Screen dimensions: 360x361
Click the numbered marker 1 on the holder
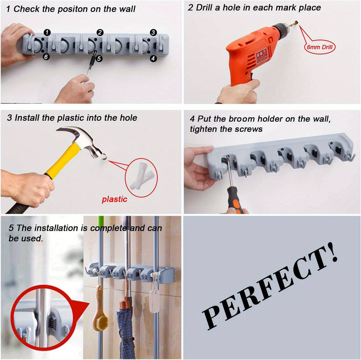click(47, 32)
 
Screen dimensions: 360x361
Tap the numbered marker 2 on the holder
click(100, 32)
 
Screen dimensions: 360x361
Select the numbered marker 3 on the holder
click(153, 32)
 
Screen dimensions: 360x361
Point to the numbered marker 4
click(153, 59)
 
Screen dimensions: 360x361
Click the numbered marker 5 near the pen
click(99, 59)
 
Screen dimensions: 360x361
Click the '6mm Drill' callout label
click(320, 47)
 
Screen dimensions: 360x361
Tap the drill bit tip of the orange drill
click(296, 24)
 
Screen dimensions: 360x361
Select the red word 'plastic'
click(115, 199)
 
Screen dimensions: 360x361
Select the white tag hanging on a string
click(154, 300)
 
